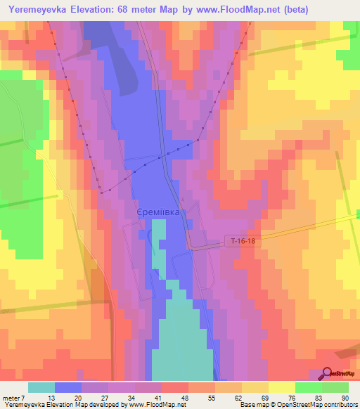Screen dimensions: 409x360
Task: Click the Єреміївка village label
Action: [x=158, y=211]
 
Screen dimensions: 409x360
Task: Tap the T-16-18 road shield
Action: [x=243, y=240]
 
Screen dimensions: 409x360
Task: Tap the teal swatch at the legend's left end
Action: [x=41, y=387]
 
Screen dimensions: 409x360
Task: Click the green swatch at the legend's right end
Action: [x=335, y=387]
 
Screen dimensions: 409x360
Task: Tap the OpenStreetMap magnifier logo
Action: [x=328, y=374]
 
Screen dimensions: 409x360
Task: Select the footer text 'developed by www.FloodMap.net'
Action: [x=134, y=404]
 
